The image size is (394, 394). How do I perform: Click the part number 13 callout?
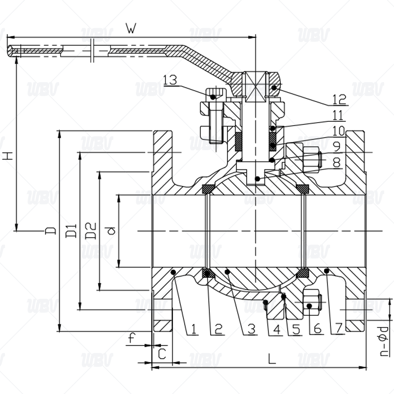pos(170,80)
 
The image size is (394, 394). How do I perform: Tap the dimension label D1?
pos(71,230)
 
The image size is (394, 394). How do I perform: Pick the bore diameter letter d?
pos(111,230)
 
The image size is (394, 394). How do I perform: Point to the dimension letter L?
pos(271,359)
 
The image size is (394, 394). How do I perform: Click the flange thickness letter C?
pos(161,353)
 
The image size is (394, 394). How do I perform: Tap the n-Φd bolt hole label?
pos(384,339)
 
